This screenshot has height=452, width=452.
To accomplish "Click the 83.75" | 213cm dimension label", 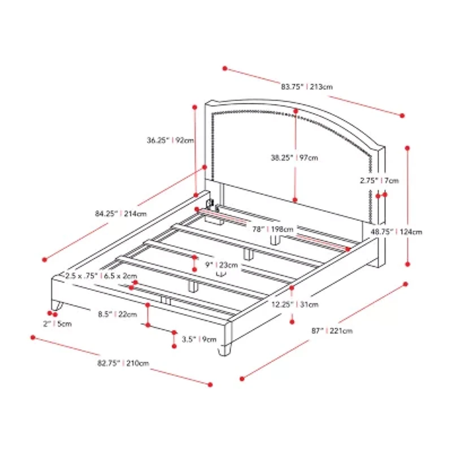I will (306, 87).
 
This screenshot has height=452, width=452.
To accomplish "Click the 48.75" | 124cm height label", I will (396, 231).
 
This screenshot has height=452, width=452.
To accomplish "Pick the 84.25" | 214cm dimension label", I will (121, 214).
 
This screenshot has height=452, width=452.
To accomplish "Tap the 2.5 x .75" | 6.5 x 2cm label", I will (101, 276).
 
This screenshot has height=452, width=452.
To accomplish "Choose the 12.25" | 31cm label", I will (302, 305).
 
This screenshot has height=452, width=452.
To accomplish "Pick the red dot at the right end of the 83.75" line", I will (402, 115).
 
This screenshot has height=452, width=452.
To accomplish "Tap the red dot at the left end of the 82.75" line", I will (33, 338).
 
